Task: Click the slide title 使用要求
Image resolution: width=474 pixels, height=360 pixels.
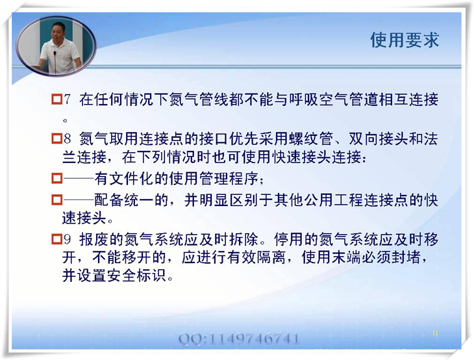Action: pos(405,40)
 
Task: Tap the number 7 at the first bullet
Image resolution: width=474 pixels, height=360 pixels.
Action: pos(67,100)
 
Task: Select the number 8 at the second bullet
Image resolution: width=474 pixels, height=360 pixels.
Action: pos(67,139)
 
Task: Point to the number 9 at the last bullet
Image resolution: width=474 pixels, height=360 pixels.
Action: pos(67,240)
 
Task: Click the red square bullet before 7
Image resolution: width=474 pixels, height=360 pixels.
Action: pos(56,99)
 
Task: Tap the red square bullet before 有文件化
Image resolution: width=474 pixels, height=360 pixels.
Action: pos(56,179)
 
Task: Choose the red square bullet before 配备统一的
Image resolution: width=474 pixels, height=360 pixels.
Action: pos(56,199)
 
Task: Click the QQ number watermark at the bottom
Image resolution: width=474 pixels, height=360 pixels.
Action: pos(239,339)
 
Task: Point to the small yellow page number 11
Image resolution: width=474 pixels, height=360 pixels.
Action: pos(435,333)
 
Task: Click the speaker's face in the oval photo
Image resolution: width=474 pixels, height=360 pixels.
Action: pos(58,32)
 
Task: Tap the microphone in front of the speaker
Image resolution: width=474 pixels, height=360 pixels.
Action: pos(55,60)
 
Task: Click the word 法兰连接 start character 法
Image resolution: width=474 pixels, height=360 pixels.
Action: pos(430,139)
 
